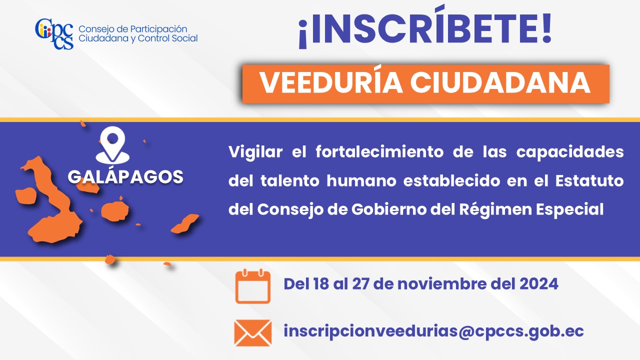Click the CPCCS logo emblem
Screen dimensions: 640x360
54,33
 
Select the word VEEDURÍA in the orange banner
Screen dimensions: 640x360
331,83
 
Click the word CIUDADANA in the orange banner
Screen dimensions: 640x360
500,83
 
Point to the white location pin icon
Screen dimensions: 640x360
112,145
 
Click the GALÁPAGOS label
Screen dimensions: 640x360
125,176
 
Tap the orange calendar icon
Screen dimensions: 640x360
253,286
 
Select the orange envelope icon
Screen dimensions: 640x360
253,333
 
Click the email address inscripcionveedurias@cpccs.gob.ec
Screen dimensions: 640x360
433,331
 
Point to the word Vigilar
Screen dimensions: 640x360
255,152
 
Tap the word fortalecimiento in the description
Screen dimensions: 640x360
379,151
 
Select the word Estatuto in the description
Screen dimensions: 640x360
589,180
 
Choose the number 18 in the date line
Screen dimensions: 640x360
321,284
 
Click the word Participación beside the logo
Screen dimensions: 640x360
158,29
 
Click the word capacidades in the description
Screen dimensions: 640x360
570,152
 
